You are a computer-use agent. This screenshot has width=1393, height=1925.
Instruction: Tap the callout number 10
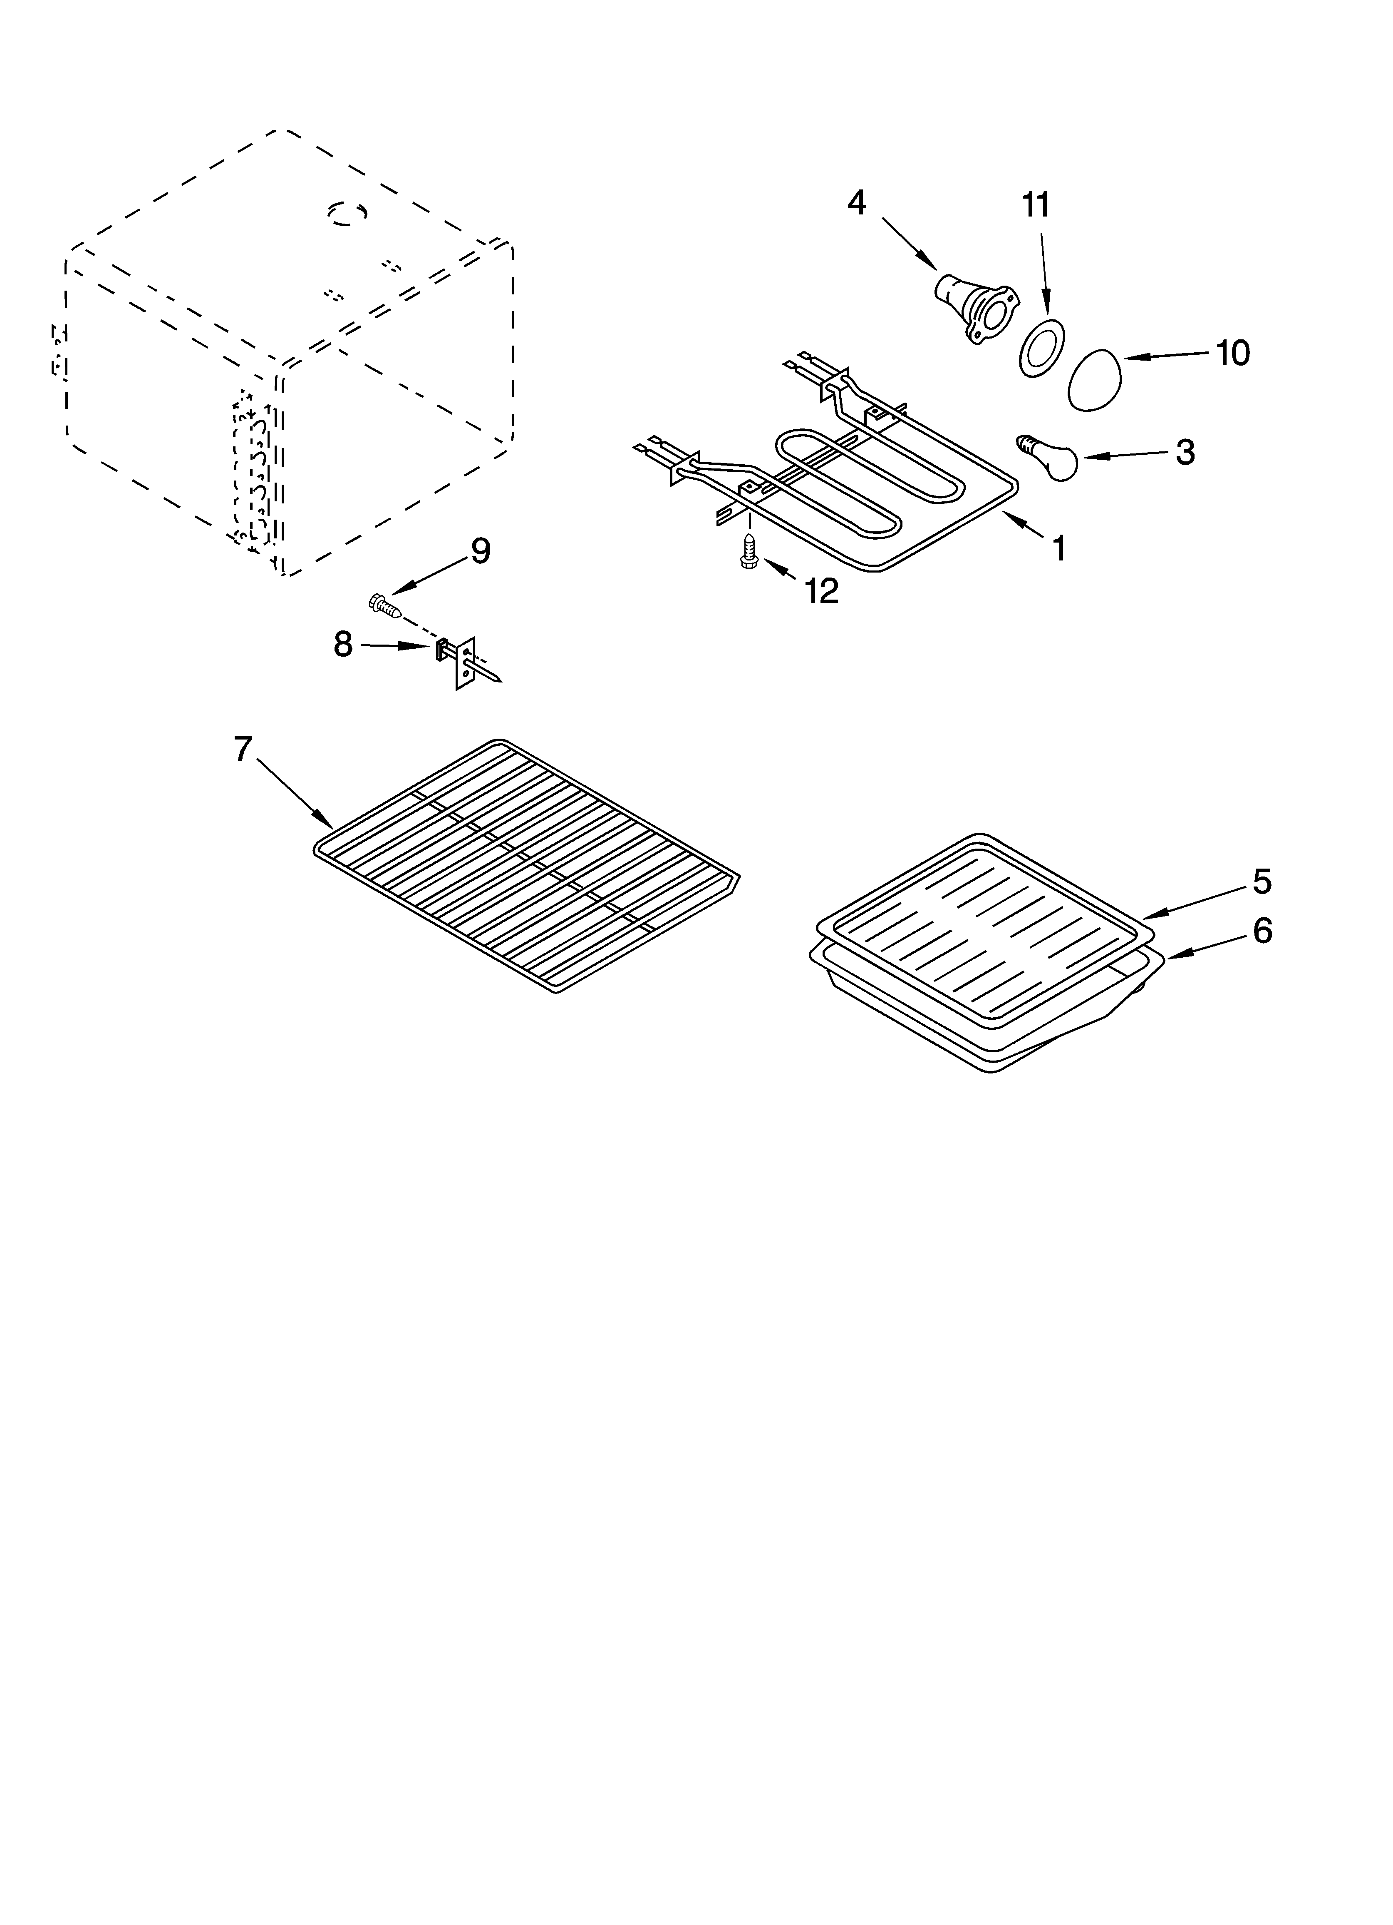click(1233, 353)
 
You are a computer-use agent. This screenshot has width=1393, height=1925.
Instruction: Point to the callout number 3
click(1185, 452)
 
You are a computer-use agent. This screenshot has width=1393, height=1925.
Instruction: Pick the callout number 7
click(243, 750)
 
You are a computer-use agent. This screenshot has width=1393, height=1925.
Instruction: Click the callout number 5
click(1262, 882)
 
